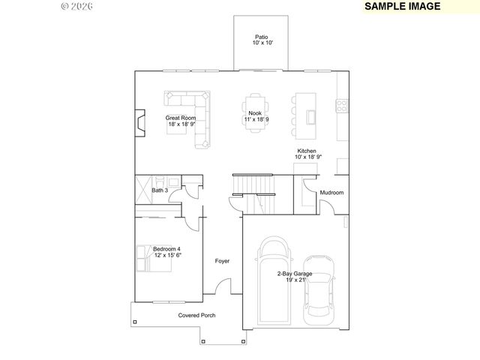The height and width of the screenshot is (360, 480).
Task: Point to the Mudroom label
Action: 331,193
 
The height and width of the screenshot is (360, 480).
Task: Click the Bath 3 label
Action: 160,190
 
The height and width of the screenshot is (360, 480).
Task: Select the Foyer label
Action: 222,261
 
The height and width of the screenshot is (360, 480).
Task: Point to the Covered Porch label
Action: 196,316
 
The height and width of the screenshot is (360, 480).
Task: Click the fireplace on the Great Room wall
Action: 139,121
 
